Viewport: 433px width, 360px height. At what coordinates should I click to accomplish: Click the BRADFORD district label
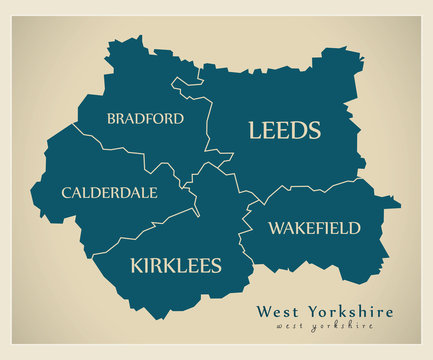(145, 118)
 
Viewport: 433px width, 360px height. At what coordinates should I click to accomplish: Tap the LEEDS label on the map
(284, 130)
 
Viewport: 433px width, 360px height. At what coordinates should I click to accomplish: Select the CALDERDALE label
(109, 192)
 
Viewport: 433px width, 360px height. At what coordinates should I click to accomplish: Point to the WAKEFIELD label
(314, 228)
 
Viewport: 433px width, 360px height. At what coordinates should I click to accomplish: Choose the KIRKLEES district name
(176, 265)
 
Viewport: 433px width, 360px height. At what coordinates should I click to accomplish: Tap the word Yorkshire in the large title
(351, 311)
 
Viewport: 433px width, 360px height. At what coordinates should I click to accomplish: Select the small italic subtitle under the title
(325, 327)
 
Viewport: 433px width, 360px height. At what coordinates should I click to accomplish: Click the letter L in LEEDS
(255, 130)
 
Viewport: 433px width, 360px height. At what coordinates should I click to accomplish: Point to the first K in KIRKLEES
(137, 265)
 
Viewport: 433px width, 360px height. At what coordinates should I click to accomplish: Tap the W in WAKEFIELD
(275, 228)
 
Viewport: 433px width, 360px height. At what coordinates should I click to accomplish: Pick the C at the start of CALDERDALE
(66, 192)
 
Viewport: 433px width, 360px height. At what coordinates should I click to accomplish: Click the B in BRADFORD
(111, 118)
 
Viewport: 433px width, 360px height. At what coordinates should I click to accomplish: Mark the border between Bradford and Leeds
(207, 120)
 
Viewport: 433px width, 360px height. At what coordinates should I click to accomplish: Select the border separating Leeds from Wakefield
(300, 186)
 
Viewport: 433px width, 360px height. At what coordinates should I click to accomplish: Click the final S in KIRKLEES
(215, 265)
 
